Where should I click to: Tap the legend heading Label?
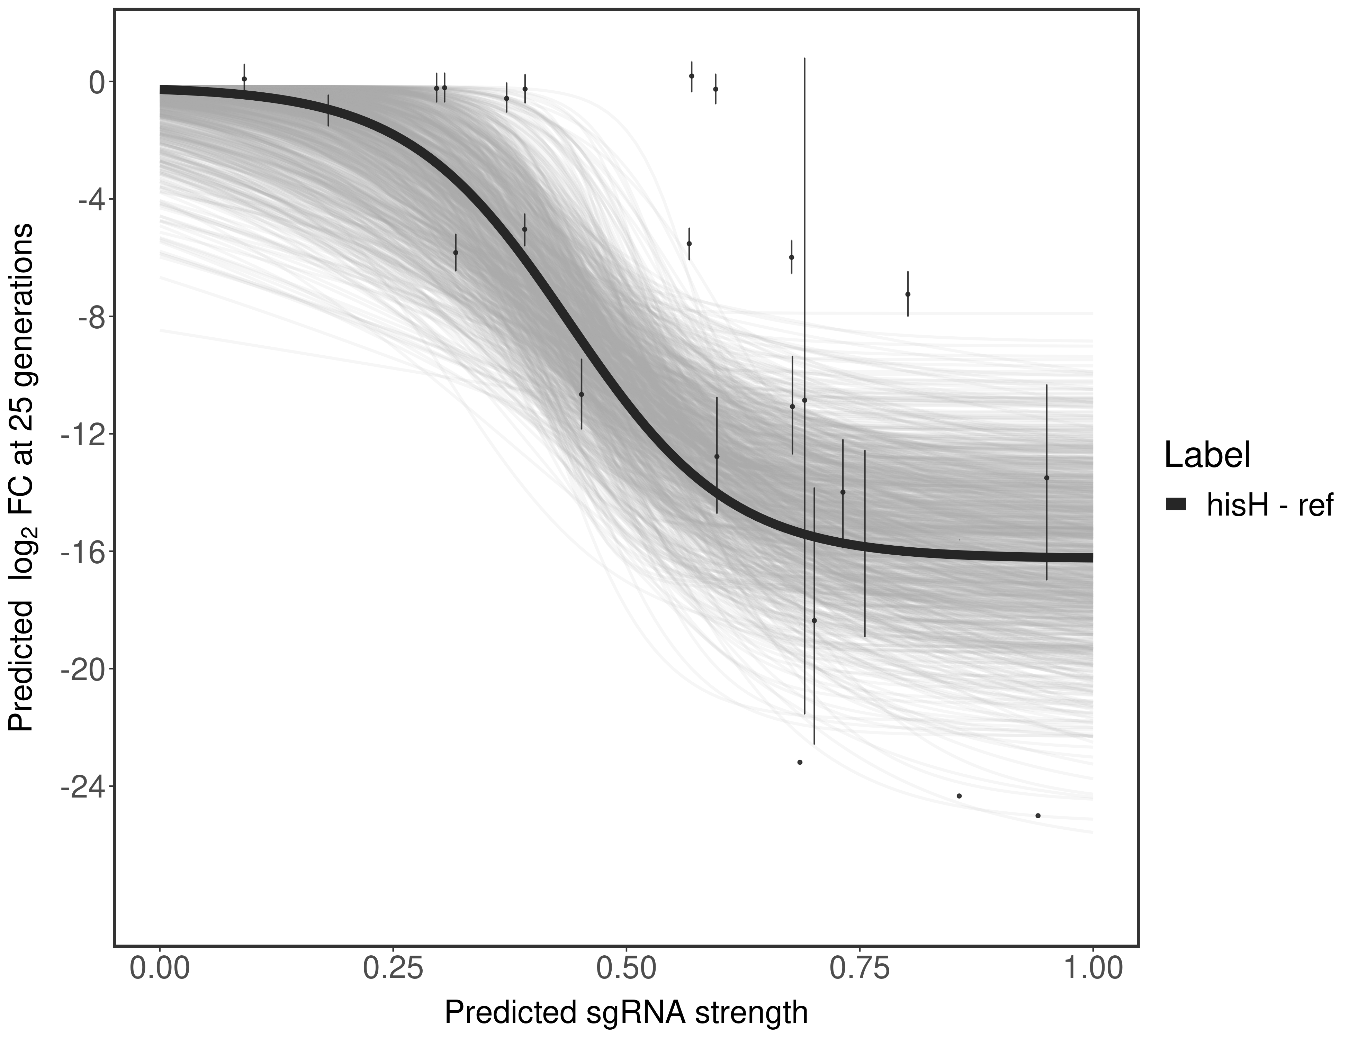coord(1207,455)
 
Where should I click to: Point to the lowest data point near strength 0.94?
coord(1038,816)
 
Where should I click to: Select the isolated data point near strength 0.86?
coord(959,796)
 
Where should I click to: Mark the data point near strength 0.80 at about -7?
coord(907,294)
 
